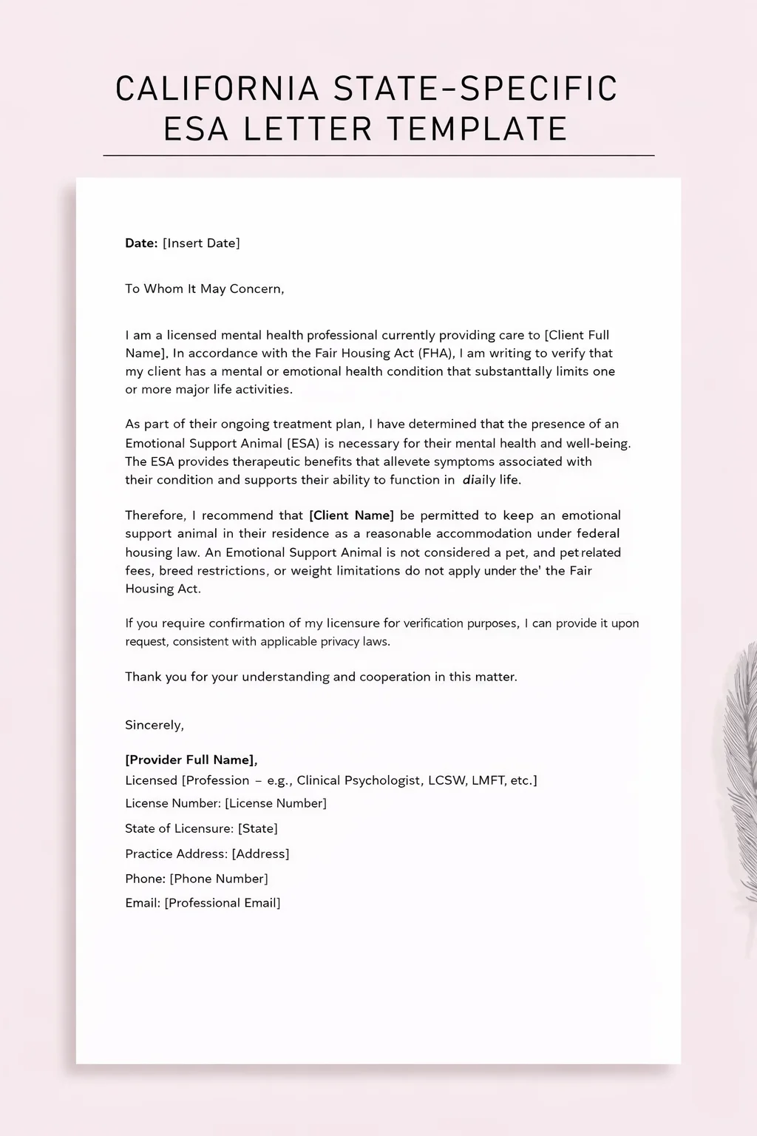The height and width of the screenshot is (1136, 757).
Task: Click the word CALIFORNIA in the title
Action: point(217,89)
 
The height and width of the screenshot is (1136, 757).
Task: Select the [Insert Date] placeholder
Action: point(201,243)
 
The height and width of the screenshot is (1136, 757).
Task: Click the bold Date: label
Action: point(141,243)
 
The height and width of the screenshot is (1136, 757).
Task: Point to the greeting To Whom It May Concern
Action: point(204,289)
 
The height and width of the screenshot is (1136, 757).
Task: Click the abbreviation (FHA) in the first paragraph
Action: point(437,354)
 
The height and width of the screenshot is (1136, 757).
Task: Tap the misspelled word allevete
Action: point(406,461)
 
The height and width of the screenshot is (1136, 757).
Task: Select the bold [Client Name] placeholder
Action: point(351,515)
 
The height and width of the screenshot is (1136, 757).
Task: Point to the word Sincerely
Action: point(155,726)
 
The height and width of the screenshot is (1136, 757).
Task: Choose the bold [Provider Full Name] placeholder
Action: point(191,760)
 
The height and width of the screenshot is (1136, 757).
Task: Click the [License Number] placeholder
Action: point(275,803)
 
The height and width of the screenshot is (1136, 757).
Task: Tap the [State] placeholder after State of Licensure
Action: point(257,828)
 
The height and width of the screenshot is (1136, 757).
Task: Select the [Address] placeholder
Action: point(260,853)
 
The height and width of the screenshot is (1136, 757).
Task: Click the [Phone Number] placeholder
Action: point(219,879)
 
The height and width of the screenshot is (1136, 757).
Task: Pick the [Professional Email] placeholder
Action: point(223,903)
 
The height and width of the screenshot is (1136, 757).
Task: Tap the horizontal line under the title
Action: point(378,156)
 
